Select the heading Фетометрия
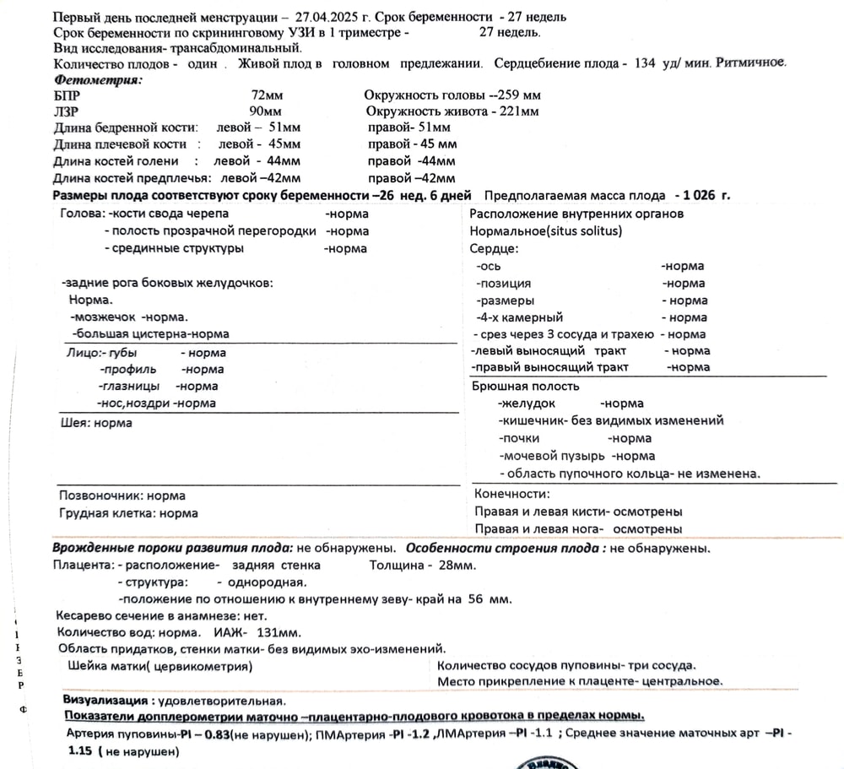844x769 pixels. pos(98,79)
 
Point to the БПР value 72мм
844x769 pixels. pos(268,95)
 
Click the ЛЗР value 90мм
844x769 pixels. pos(266,111)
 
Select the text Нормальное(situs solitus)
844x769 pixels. pos(545,230)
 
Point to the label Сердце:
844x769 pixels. pos(495,248)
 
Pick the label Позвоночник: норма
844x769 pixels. pos(122,496)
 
